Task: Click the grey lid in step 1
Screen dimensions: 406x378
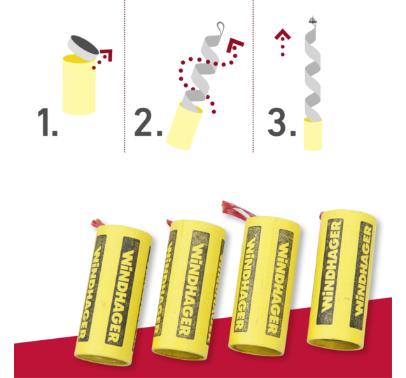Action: point(83,48)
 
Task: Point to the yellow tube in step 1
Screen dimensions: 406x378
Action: point(79,85)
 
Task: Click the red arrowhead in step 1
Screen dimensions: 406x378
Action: point(107,55)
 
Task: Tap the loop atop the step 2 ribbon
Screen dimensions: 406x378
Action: point(220,29)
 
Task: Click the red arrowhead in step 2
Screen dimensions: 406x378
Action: point(234,45)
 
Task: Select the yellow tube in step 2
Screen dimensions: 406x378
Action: point(184,126)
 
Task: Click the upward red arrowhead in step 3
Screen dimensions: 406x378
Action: point(283,34)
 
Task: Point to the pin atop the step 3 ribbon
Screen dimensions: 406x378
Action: point(313,20)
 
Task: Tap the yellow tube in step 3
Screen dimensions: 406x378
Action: point(313,134)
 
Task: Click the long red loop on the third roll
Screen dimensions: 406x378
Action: point(236,209)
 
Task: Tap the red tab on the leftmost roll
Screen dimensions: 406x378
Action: point(97,223)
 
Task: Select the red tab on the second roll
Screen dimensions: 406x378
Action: point(169,223)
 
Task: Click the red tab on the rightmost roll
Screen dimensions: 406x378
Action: point(321,215)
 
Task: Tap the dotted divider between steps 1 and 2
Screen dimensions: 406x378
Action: point(125,76)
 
